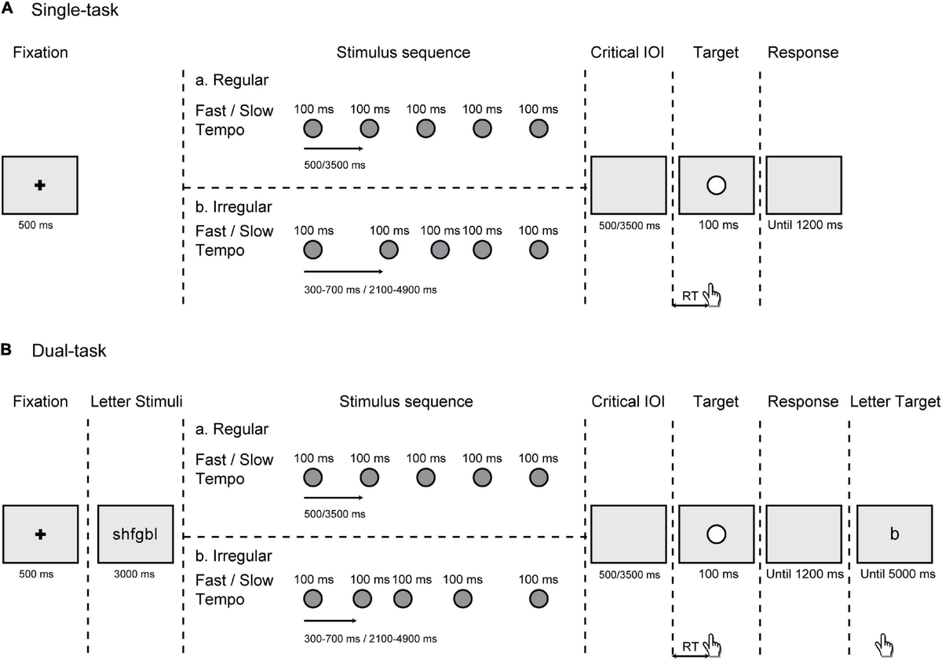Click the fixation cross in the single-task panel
coord(40,184)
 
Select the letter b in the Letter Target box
coord(894,534)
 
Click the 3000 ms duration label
coord(136,574)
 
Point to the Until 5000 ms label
coord(897,574)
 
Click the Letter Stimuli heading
coord(137,402)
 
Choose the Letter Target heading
coord(895,402)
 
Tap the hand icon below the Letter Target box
coord(885,646)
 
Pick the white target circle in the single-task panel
coord(715,185)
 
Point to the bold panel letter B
coord(6,350)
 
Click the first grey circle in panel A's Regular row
coord(312,128)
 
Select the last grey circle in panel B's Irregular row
coord(538,599)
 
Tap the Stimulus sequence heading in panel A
coord(403,53)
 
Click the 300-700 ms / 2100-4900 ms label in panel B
coord(371,638)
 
